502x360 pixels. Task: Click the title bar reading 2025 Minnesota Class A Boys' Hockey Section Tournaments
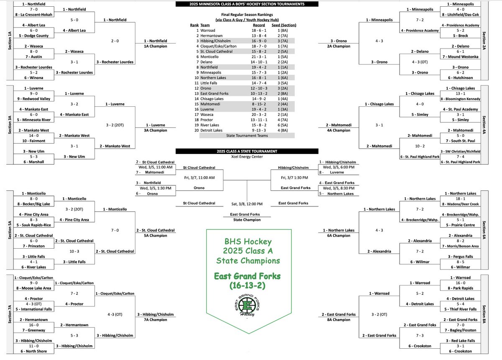click(x=247, y=4)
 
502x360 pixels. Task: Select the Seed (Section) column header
click(x=284, y=25)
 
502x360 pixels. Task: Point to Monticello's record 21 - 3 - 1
click(x=259, y=57)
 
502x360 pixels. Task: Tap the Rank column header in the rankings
click(x=194, y=25)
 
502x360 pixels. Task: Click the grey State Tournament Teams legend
click(x=247, y=136)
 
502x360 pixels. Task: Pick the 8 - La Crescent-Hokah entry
click(x=33, y=15)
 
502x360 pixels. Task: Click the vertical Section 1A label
click(x=10, y=41)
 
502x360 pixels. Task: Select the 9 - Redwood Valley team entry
click(x=33, y=99)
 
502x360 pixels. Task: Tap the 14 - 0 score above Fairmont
click(x=33, y=136)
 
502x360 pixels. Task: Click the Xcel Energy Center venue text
click(x=247, y=157)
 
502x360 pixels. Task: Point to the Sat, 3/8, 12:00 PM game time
click(x=247, y=204)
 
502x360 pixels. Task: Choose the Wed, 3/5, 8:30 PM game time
click(x=338, y=188)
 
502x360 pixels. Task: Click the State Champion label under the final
click(x=247, y=220)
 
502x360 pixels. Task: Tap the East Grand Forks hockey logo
click(x=247, y=305)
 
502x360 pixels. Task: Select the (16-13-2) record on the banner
click(x=247, y=285)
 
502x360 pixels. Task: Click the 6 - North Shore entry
click(x=33, y=351)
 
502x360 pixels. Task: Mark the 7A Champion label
click(x=155, y=320)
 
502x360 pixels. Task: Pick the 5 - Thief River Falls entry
click(x=460, y=309)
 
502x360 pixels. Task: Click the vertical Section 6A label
click(x=484, y=230)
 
